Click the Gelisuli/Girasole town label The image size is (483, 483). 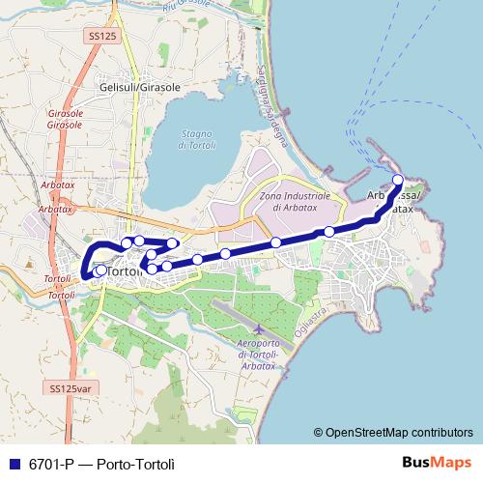click(140, 87)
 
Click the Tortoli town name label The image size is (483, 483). click(127, 272)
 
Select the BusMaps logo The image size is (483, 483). click(436, 463)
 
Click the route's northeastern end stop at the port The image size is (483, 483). click(397, 180)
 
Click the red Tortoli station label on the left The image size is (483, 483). click(58, 285)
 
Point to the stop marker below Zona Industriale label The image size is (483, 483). click(276, 242)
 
